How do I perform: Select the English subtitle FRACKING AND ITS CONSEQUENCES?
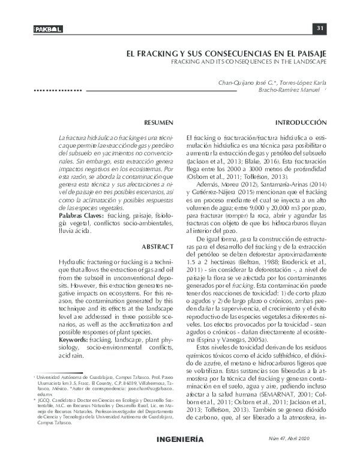(248, 61)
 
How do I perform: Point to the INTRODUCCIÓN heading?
(301, 122)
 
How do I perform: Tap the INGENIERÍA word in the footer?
(179, 455)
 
